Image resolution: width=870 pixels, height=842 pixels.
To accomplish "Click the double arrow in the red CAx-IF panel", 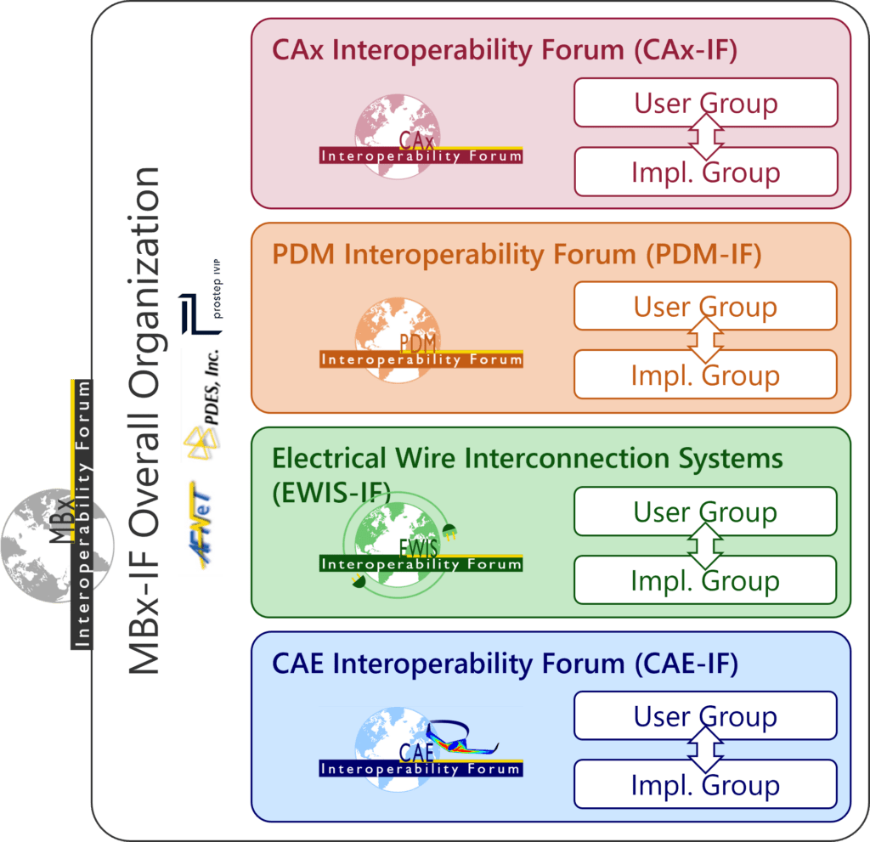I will coord(705,137).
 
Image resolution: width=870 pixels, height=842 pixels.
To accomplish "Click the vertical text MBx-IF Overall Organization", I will coord(144,421).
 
